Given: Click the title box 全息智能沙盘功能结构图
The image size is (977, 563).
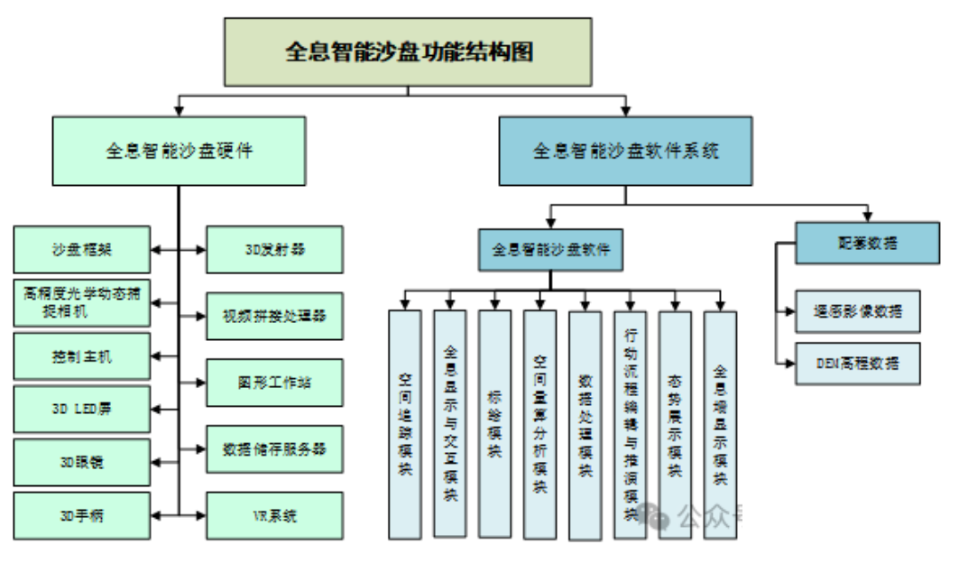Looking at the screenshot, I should click(408, 52).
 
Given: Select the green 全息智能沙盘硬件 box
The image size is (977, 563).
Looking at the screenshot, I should click(179, 151).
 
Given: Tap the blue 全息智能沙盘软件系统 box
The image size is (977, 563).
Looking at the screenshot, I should click(625, 151).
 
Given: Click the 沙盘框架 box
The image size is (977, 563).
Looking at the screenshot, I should click(82, 248).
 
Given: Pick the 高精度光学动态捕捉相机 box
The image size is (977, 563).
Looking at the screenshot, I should click(82, 301).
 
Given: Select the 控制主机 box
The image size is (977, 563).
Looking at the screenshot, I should click(82, 355).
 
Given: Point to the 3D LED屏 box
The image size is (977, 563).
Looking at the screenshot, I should click(82, 409).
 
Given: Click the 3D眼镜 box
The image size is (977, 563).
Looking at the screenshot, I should click(82, 462).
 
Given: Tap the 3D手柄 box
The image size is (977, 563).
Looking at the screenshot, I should click(82, 515).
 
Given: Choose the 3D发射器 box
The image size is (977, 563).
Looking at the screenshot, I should click(274, 249).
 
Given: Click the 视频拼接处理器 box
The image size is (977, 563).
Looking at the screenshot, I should click(274, 315).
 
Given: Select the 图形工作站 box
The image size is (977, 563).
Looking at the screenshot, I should click(274, 382).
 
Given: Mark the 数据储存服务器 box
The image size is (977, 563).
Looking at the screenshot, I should click(274, 448).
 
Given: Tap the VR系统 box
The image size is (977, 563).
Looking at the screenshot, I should click(274, 515).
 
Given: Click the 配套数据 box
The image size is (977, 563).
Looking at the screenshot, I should click(867, 243).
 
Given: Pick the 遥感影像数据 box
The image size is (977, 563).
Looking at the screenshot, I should click(858, 310).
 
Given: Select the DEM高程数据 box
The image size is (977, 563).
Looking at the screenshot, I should click(858, 364).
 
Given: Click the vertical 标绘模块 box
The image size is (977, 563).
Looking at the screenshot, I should click(494, 424).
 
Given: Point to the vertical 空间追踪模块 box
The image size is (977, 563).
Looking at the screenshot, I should click(405, 424).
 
